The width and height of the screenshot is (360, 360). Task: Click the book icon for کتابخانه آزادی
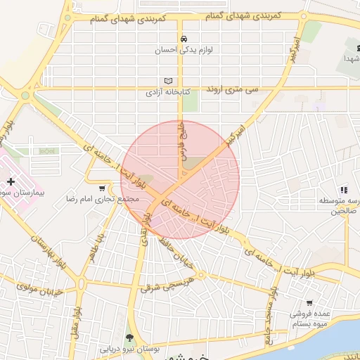tap(167, 81)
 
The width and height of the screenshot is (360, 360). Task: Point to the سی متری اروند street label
tap(231, 91)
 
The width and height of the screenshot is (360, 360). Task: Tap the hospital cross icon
tap(11, 181)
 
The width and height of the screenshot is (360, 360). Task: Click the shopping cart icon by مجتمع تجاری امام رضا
tap(103, 188)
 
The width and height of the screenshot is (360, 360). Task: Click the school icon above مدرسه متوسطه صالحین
tap(343, 190)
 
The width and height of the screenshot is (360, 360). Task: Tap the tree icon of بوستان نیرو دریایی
tap(129, 336)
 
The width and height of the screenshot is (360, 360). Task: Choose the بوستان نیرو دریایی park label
tap(129, 348)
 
